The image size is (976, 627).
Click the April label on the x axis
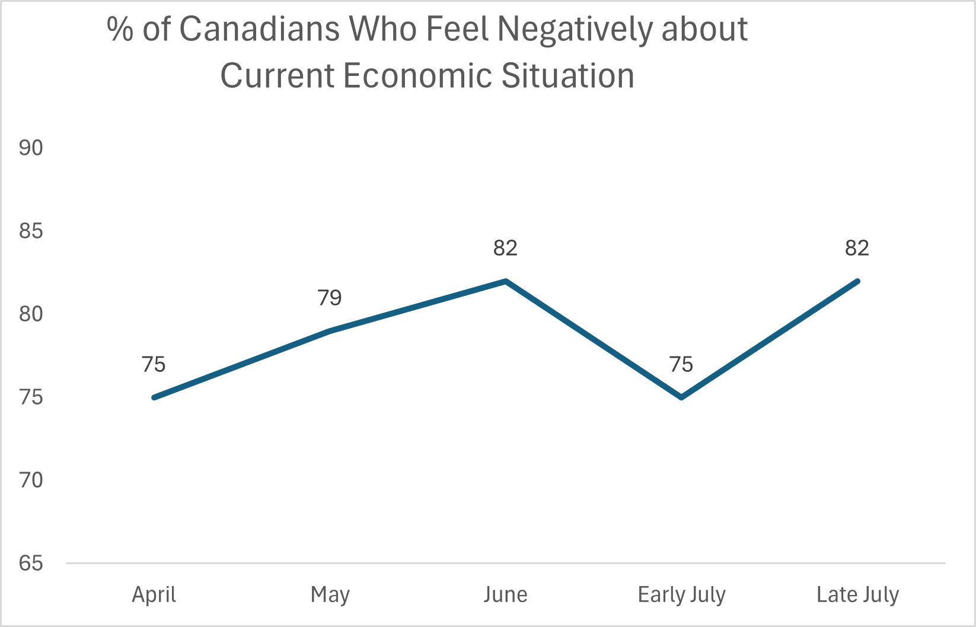154,594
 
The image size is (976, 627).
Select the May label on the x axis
330,594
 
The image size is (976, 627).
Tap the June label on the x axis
505,594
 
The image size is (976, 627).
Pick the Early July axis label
681,594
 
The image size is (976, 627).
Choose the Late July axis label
857,594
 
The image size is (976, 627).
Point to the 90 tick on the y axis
31,148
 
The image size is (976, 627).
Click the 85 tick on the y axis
31,231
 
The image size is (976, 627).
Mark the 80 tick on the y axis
31,314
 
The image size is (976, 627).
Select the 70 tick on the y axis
31,480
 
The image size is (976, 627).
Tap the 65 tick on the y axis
31,563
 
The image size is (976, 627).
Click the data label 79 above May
330,298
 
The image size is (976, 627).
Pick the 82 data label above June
505,248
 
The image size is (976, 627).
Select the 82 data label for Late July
857,248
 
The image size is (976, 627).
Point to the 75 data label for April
154,364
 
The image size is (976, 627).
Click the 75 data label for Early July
681,364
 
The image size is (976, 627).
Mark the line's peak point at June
506,281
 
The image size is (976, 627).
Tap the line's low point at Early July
682,397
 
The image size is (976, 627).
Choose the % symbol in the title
120,29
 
